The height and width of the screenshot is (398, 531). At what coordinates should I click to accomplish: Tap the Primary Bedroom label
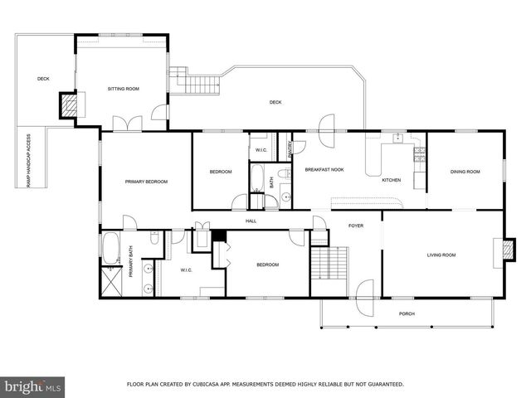pyautogui.click(x=146, y=182)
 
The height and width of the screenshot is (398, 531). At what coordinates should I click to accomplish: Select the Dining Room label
pyautogui.click(x=465, y=172)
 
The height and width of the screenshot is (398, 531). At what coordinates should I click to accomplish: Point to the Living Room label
pyautogui.click(x=441, y=255)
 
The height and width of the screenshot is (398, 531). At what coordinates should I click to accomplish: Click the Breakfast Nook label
pyautogui.click(x=324, y=169)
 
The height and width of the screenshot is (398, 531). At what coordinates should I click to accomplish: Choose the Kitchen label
pyautogui.click(x=391, y=180)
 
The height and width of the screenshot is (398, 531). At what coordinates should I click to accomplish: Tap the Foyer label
pyautogui.click(x=356, y=224)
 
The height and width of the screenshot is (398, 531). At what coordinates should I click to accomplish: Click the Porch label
pyautogui.click(x=407, y=313)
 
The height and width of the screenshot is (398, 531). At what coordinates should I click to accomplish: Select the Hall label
pyautogui.click(x=251, y=221)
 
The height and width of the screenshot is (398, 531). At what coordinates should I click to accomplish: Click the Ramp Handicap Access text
pyautogui.click(x=29, y=160)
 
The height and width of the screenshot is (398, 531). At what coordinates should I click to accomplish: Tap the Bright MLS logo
pyautogui.click(x=32, y=386)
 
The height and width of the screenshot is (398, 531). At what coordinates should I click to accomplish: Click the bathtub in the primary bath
pyautogui.click(x=111, y=247)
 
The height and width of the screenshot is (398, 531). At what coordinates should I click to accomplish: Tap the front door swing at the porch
pyautogui.click(x=363, y=294)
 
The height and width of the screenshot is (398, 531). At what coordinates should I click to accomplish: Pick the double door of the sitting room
pyautogui.click(x=127, y=124)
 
